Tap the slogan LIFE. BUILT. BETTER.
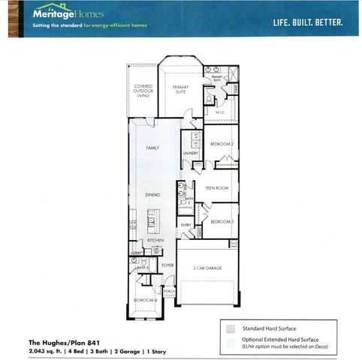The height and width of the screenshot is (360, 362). click(x=308, y=22)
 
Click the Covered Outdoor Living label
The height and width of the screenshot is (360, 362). click(x=143, y=91)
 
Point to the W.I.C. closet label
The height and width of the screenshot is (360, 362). click(x=221, y=112)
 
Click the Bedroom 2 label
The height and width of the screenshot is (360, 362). click(x=222, y=143)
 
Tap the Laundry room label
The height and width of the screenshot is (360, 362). click(x=189, y=153)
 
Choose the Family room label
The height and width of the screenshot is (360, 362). click(x=152, y=148)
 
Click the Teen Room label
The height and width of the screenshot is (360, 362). click(x=216, y=187)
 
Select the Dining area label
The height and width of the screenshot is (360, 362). click(x=152, y=194)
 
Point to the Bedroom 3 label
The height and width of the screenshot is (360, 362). click(x=222, y=222)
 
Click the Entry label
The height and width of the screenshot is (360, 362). click(x=186, y=225)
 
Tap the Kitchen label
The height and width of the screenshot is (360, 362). click(x=155, y=240)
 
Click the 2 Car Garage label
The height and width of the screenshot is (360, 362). click(x=207, y=267)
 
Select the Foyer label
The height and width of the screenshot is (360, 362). click(x=167, y=265)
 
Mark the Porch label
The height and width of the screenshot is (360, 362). click(x=169, y=291)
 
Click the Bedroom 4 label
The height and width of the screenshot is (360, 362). click(x=145, y=300)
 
